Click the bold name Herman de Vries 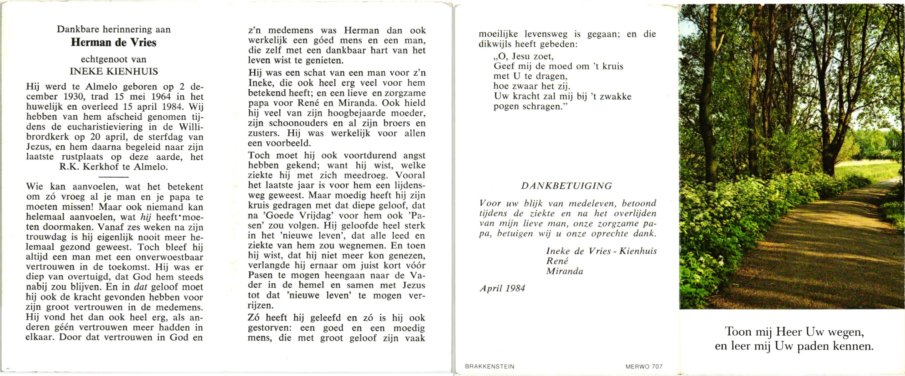coord(113,43)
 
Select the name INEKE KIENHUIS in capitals coord(114,72)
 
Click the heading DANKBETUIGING coord(566,186)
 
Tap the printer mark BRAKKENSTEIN coord(489,367)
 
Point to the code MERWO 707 coord(644,367)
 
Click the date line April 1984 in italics coord(502,289)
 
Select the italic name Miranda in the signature coord(565,271)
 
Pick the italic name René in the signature coord(557,261)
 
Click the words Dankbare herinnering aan coord(114,29)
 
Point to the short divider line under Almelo coord(113,177)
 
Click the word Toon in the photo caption coord(738,332)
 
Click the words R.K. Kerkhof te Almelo coord(113,167)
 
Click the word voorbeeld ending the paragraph coord(289,144)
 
